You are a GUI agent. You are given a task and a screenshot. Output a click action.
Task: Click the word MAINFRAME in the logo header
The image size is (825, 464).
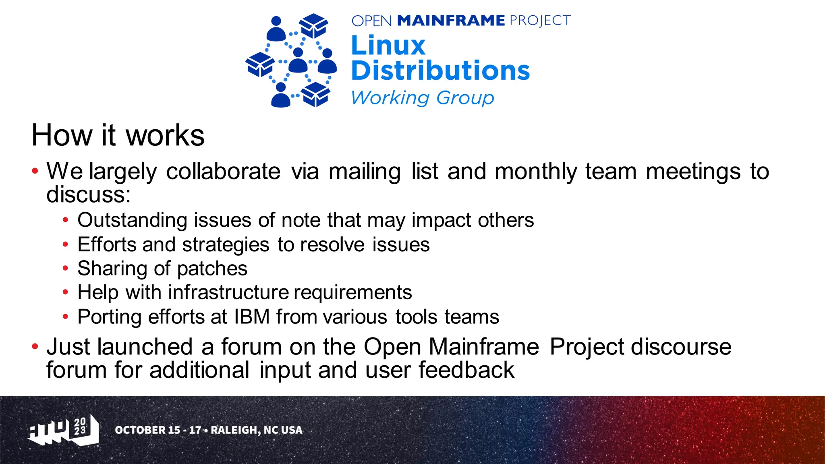click(451, 21)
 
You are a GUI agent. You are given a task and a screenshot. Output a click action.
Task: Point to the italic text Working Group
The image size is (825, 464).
click(422, 97)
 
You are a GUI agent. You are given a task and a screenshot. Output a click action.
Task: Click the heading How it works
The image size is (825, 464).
click(118, 135)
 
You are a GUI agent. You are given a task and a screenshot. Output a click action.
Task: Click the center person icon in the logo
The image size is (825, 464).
click(298, 61)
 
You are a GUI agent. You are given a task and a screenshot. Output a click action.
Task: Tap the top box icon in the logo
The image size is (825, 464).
click(313, 25)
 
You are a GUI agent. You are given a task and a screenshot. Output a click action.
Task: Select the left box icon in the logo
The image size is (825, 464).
click(260, 64)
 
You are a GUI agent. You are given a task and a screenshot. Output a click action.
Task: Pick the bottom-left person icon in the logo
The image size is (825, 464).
click(281, 95)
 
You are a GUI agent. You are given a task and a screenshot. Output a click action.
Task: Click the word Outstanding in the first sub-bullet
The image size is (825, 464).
click(132, 220)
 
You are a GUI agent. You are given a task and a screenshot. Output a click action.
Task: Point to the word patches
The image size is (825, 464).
click(212, 269)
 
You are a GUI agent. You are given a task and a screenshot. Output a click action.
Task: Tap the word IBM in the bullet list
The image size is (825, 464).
click(252, 317)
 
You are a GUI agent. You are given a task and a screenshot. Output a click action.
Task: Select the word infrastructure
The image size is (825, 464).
click(228, 292)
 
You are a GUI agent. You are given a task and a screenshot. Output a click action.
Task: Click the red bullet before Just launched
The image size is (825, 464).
click(35, 346)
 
